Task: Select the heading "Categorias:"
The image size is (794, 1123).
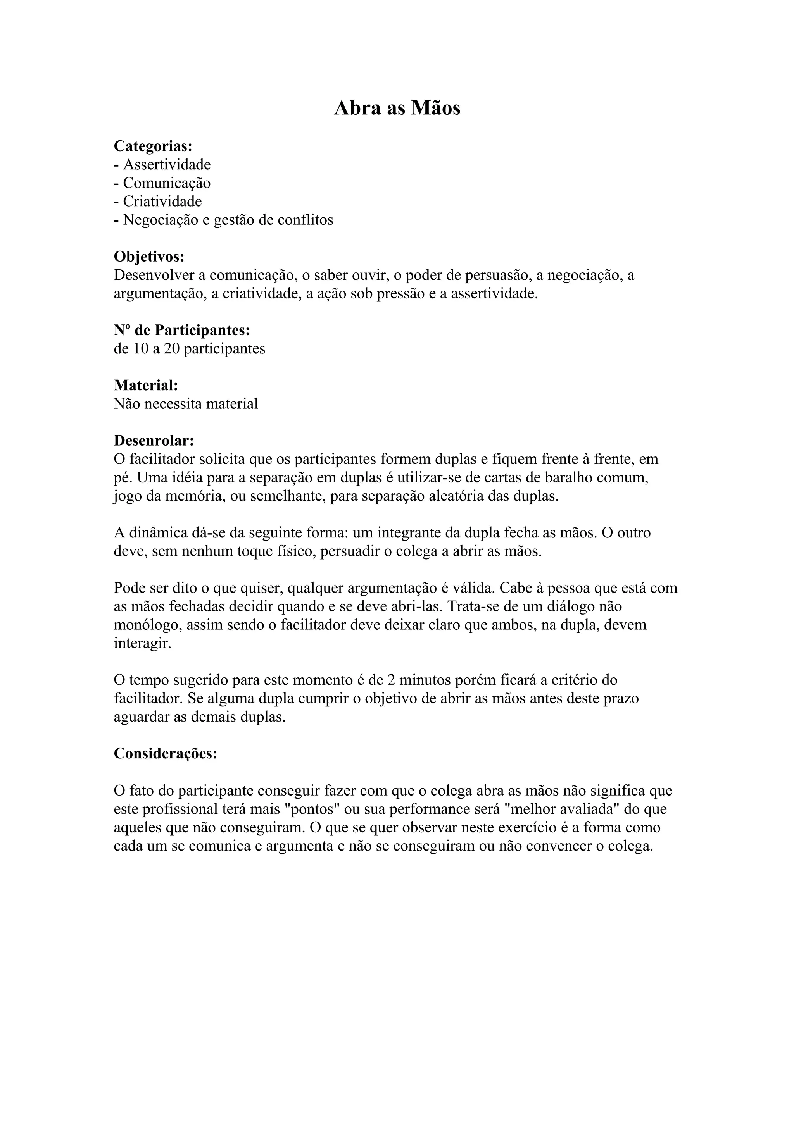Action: click(153, 146)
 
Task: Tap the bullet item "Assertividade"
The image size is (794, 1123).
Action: click(166, 164)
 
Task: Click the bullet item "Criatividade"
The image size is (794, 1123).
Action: click(162, 201)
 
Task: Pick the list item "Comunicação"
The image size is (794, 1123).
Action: click(166, 183)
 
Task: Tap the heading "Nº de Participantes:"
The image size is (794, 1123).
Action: click(182, 330)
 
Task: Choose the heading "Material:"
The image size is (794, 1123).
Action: click(146, 386)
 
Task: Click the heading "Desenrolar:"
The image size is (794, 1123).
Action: click(154, 441)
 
